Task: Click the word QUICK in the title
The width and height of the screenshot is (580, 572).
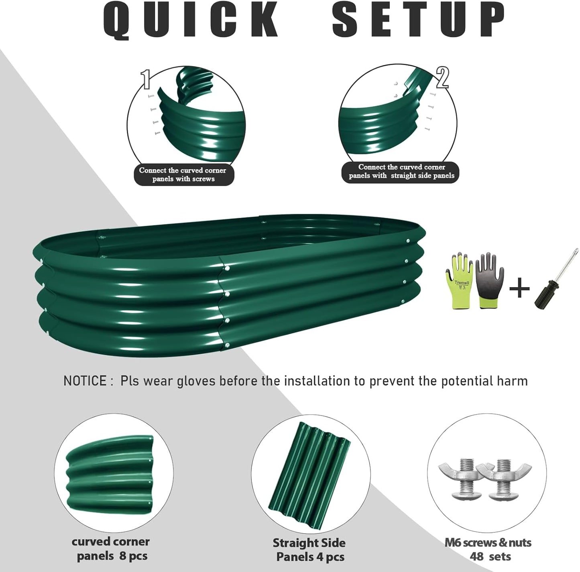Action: coord(191,20)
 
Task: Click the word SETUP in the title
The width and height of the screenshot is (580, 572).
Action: coord(419,20)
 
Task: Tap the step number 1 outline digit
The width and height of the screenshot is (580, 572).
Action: coord(146,79)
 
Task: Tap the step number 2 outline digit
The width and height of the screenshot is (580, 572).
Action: coord(442,77)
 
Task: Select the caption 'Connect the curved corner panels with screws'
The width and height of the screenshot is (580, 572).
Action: coord(183,174)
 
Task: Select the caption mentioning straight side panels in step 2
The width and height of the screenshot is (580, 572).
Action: coord(401,171)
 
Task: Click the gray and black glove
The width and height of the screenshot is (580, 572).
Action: coord(489,280)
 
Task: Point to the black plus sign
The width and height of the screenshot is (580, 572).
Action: coord(519,288)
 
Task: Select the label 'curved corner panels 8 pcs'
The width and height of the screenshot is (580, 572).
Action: coord(111,549)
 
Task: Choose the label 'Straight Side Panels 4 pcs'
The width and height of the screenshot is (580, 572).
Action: coord(309,550)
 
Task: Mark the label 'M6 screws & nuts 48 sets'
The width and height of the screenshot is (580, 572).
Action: coord(488,549)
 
